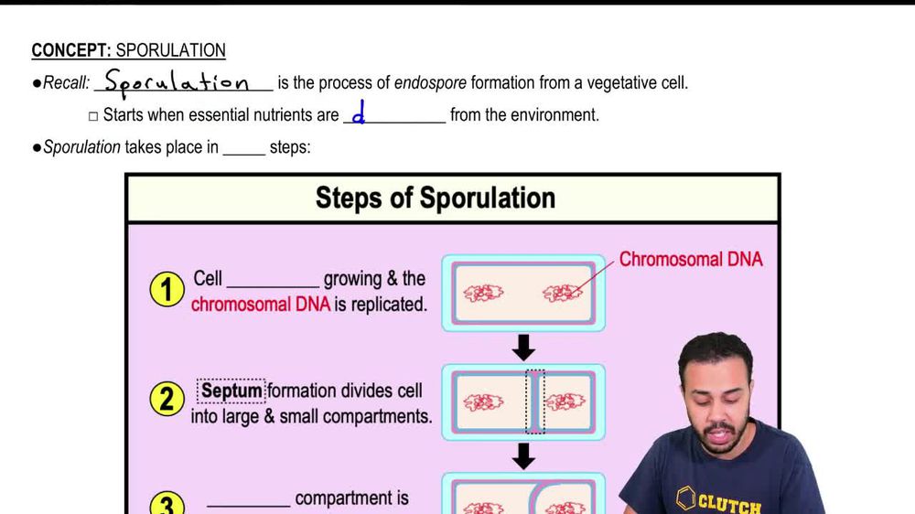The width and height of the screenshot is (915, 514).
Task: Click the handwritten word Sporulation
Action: coord(177,83)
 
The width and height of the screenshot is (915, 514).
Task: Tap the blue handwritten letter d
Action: coord(359,115)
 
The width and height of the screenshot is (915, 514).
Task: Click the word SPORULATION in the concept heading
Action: coord(171,51)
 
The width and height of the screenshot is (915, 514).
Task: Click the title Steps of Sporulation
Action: coord(435,198)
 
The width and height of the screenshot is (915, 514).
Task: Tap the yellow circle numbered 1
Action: coord(167,291)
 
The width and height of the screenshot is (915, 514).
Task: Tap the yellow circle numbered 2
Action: coord(167,400)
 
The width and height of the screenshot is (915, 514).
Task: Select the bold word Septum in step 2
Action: coord(231,391)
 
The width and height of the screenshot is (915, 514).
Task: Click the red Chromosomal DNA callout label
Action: coord(690,259)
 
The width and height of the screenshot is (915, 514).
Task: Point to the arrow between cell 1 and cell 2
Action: coord(523,347)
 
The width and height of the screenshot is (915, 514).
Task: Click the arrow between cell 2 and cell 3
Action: coord(523,455)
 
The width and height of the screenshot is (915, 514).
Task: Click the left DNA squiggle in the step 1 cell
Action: coord(481,294)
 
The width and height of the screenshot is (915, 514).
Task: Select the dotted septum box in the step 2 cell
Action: coord(535,402)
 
